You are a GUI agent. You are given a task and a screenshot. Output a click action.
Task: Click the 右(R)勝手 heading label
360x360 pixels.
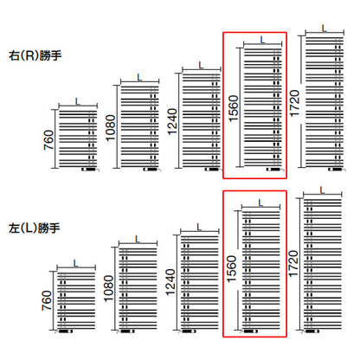coord(35,55)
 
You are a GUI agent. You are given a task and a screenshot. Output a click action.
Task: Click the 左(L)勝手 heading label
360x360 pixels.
coord(35,228)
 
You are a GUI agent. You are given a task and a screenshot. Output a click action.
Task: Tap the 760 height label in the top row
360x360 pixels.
coord(48,140)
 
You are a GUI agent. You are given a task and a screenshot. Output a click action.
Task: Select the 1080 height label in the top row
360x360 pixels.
coord(111,128)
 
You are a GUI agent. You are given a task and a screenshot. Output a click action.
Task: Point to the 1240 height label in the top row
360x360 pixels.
coord(172,122)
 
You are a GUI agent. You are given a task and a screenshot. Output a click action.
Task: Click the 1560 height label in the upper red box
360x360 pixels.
coord(234,108)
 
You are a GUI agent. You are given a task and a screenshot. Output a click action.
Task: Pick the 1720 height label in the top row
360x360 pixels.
coord(294,104)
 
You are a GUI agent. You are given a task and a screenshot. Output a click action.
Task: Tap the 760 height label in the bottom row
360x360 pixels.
coord(47,300)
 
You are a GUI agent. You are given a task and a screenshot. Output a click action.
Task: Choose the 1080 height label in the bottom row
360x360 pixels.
coord(108,288)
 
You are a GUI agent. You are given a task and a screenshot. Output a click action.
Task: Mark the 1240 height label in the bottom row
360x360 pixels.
coord(170,282)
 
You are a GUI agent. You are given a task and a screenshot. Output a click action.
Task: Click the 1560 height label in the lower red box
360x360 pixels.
coord(232,269)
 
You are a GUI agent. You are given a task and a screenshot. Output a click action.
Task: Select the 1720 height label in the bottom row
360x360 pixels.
coord(292,264)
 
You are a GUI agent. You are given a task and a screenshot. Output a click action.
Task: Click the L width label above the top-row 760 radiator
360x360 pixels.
coord(78,102)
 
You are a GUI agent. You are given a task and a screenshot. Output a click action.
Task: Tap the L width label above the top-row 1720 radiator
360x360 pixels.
coord(325,28)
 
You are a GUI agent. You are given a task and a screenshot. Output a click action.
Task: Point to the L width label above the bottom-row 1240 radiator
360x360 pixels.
coord(199,228)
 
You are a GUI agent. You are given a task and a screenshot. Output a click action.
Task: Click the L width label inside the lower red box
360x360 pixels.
coord(260,203)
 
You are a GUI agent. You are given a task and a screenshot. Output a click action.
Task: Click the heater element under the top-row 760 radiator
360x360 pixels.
coord(90,170)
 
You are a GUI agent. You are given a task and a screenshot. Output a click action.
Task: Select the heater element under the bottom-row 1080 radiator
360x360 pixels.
coord(125,331)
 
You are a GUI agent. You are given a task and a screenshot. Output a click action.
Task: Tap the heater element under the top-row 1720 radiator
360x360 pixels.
coord(337,170)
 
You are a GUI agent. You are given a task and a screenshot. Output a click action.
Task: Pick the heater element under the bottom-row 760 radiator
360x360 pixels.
coord(64,331)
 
